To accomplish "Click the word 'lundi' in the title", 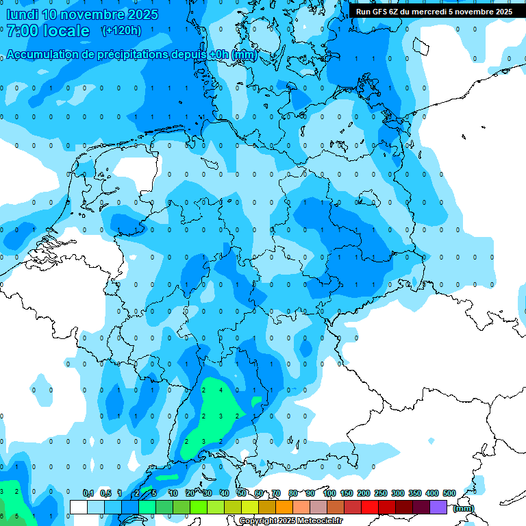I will pyautogui.click(x=22, y=14).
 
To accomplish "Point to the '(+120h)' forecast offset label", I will pyautogui.click(x=121, y=31).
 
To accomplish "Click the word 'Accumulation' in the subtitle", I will pyautogui.click(x=42, y=55).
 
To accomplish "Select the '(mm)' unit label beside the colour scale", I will pyautogui.click(x=463, y=508).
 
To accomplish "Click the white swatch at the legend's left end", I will pyautogui.click(x=78, y=507).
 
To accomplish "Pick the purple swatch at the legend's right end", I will pyautogui.click(x=438, y=507).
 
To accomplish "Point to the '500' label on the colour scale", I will pyautogui.click(x=449, y=493).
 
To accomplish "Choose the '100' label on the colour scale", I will pyautogui.click(x=329, y=493).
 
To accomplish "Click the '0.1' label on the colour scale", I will pyautogui.click(x=88, y=493).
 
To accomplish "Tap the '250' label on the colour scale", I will pyautogui.click(x=380, y=493).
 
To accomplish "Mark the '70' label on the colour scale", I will pyautogui.click(x=275, y=493).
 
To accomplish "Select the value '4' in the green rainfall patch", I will pyautogui.click(x=221, y=390).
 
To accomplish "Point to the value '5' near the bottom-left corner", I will pyautogui.click(x=16, y=516).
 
